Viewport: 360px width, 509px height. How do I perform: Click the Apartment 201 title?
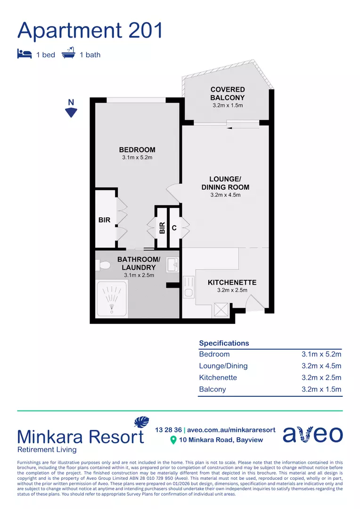pos(90,30)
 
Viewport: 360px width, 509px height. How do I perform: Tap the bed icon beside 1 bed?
pos(25,54)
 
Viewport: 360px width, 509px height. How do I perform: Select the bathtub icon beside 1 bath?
pos(69,54)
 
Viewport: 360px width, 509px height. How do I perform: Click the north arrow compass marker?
pos(71,112)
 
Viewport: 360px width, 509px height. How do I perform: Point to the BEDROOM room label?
pos(137,150)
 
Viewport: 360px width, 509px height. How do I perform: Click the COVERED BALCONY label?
pos(228,93)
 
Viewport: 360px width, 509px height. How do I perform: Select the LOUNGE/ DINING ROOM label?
pos(225,183)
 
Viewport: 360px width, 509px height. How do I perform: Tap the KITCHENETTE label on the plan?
pos(232,282)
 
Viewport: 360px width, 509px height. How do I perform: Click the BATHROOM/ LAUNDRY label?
pos(139,263)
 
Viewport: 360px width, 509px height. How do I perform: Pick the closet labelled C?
pos(174,228)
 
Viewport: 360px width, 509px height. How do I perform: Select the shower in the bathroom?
pos(112,299)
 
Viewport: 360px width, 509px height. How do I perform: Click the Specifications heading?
pos(224,343)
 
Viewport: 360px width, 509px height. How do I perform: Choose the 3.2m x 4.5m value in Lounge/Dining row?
pos(321,366)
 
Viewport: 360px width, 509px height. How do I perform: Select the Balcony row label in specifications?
pos(213,389)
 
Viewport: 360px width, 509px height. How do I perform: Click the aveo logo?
pos(312,434)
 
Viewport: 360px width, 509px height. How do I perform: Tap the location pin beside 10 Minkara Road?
pos(173,440)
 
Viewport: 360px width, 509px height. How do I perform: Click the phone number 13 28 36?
pos(168,430)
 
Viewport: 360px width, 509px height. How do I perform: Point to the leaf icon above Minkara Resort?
pos(141,422)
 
